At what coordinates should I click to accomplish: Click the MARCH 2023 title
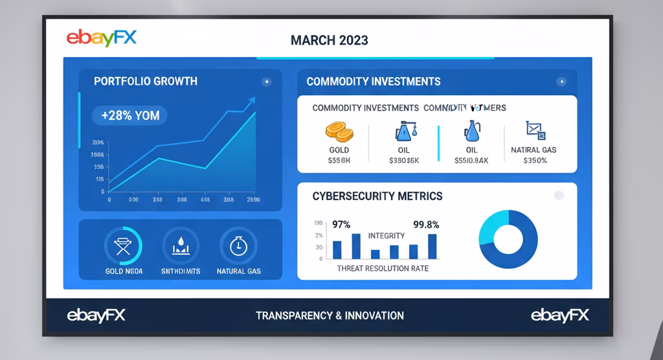(329, 40)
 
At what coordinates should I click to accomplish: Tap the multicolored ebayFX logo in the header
(102, 38)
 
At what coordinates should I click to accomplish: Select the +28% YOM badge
(130, 116)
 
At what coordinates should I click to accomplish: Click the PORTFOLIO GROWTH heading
(146, 82)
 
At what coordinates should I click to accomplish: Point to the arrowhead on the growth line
(251, 101)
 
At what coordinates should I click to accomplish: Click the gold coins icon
(339, 132)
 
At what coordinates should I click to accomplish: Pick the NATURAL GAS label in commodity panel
(534, 150)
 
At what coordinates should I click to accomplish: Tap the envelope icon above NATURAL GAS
(534, 130)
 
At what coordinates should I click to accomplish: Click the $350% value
(534, 161)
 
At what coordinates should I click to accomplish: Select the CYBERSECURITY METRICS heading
(377, 196)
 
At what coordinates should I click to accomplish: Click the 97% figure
(341, 225)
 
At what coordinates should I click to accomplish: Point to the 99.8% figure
(426, 225)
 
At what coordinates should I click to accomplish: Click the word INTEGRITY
(386, 236)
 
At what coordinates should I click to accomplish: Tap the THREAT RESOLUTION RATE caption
(383, 268)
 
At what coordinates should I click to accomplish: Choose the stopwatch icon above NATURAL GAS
(238, 245)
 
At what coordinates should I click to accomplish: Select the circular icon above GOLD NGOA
(123, 246)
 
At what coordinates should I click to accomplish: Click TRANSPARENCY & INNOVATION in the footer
(330, 316)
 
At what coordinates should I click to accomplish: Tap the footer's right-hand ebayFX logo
(560, 315)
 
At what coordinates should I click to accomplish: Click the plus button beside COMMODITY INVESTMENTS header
(561, 82)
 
